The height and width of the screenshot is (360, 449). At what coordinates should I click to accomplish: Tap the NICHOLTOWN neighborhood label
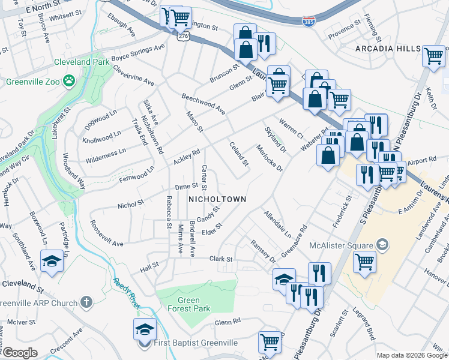[217, 199]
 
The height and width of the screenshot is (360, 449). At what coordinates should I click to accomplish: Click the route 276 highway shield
[183, 36]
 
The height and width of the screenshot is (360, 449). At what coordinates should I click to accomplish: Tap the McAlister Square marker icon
[382, 244]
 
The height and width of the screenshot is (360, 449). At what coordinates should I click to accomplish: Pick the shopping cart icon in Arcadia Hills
[433, 56]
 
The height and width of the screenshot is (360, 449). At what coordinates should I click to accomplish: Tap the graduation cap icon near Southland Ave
[52, 260]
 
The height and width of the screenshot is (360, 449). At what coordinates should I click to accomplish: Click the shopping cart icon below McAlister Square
[364, 262]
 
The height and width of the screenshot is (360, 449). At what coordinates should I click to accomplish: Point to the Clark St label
[220, 259]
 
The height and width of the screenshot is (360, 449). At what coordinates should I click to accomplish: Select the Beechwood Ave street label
[203, 104]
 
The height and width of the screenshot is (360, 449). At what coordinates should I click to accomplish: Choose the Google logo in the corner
[20, 353]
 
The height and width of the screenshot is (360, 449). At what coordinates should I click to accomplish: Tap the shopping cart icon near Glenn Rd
[270, 342]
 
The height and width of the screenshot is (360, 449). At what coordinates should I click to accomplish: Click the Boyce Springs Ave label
[137, 52]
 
